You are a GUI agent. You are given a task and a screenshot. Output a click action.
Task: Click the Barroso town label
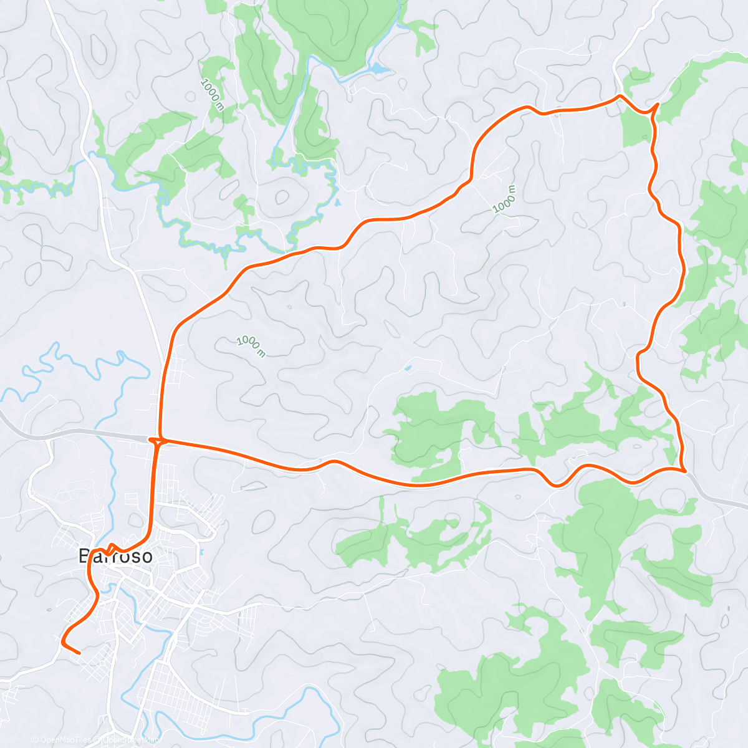[x=116, y=556]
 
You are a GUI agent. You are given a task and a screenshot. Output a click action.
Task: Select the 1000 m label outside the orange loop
[x=213, y=93]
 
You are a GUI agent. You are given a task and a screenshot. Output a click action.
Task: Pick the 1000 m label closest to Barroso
[x=251, y=347]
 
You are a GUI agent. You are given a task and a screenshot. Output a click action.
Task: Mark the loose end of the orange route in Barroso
[x=80, y=653]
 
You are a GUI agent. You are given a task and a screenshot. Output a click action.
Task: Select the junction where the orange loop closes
[x=160, y=441]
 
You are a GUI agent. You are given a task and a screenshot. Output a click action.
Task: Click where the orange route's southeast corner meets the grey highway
[x=685, y=471]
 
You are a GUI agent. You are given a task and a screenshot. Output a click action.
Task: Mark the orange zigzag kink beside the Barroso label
[x=110, y=549]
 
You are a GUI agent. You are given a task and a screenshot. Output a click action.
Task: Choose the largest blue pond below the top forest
[x=379, y=67]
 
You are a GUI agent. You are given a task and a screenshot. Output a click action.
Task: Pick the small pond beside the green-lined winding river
[x=337, y=202]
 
